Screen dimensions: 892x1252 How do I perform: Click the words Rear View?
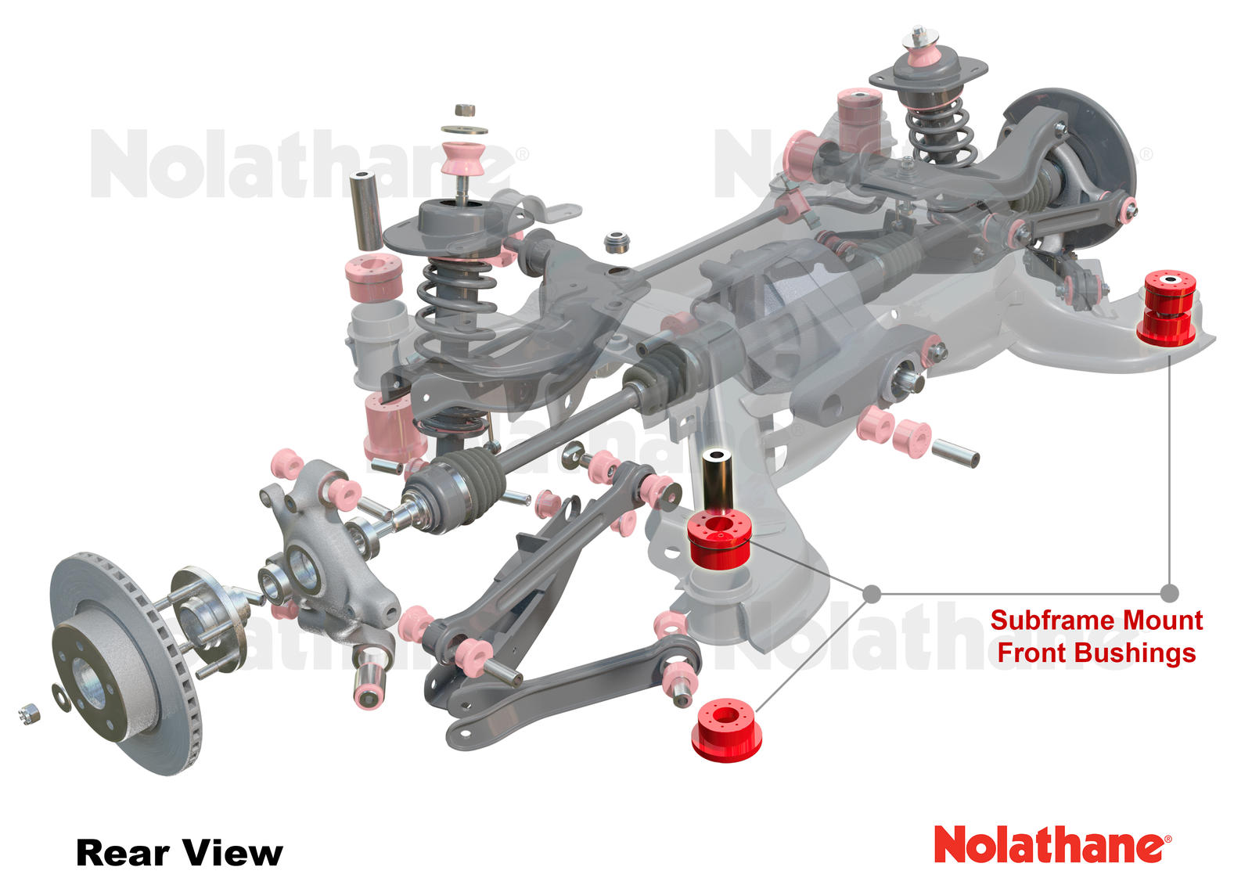(179, 853)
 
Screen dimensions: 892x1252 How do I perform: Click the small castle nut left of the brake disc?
(29, 713)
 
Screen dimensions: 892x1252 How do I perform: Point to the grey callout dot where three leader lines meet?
(872, 594)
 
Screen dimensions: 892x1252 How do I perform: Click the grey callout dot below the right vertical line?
(1169, 593)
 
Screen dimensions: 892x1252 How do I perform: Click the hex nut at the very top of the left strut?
(464, 110)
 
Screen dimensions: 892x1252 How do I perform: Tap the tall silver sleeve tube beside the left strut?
(365, 210)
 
